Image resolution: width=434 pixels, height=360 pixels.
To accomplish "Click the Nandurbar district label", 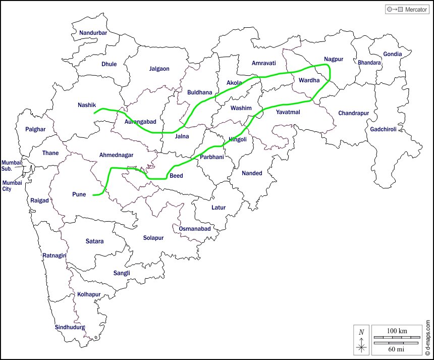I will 93,33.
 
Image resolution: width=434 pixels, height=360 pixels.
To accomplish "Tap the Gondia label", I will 393,54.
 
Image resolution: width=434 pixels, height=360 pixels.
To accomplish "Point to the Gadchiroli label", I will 384,129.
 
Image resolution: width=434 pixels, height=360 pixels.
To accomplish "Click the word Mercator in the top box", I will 416,10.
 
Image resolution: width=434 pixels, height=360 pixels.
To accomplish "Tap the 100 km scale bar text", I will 397,331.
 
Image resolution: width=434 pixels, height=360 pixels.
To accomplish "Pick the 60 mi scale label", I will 397,348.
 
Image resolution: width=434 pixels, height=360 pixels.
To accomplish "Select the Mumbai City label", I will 12,186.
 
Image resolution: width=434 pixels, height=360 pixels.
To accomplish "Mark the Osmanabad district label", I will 195,229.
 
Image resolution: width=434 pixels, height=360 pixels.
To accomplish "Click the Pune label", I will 79,194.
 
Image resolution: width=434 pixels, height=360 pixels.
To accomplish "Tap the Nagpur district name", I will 334,59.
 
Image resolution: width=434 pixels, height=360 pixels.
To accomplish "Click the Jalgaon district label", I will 159,69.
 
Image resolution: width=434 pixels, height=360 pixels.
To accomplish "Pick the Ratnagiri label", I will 55,255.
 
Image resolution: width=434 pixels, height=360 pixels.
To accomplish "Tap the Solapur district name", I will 153,238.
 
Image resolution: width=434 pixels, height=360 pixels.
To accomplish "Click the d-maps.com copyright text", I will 427,338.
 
